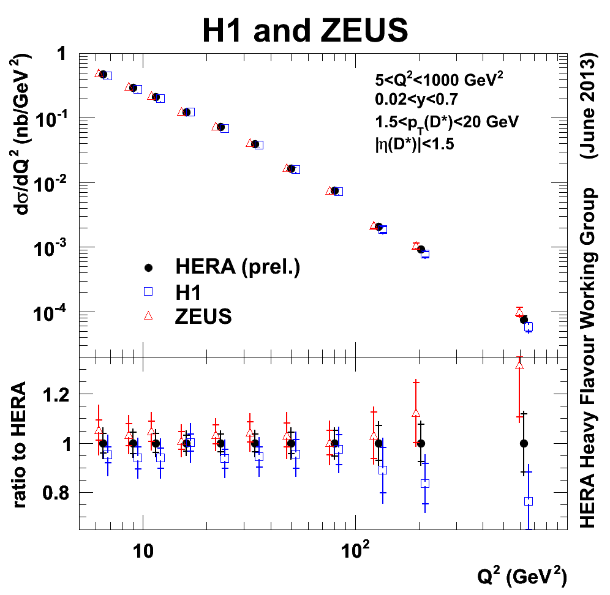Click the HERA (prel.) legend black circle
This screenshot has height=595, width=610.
coord(147,268)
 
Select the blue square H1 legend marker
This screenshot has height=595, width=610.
coord(147,292)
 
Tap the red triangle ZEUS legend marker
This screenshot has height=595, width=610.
coord(147,316)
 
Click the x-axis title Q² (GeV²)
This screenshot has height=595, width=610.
coord(522,576)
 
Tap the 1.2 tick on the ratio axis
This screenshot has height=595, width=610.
coord(61,394)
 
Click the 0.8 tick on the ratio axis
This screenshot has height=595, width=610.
coord(61,493)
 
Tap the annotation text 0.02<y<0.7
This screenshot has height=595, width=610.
coord(416,100)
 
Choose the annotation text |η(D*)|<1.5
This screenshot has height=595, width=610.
coord(414,144)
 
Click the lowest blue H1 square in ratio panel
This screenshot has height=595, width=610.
coord(529,501)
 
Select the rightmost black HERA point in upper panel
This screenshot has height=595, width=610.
coord(524,320)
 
